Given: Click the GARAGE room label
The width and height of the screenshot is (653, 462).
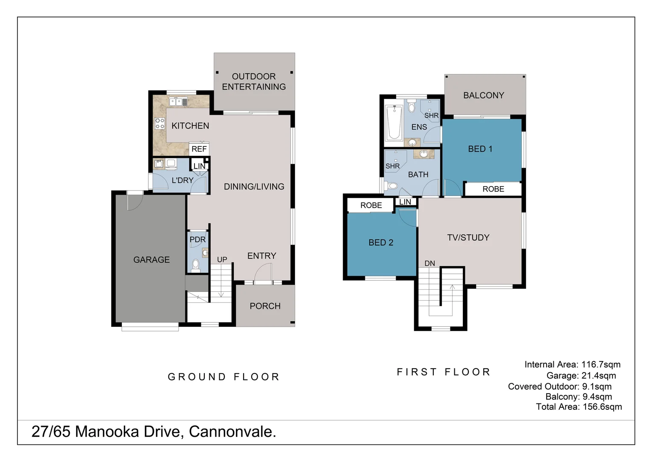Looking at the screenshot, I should [151, 260].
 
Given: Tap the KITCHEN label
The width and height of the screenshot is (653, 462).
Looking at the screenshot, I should [190, 126].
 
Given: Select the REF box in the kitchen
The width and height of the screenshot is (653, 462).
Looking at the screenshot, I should [199, 149].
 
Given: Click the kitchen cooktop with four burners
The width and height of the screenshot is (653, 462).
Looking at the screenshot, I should [160, 124].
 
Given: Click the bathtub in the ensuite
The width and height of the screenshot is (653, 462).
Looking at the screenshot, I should [393, 123].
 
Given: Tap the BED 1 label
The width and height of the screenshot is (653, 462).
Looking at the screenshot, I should [480, 149].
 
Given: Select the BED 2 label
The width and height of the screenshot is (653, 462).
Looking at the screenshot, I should [381, 243].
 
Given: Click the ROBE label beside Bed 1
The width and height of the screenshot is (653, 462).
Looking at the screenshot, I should [493, 189].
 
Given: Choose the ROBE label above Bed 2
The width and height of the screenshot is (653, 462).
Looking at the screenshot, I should [371, 205].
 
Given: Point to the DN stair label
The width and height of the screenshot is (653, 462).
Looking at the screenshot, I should [429, 263].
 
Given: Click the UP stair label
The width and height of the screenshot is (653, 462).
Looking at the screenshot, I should [222, 259].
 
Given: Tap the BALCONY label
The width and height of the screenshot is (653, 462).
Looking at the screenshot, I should [484, 95].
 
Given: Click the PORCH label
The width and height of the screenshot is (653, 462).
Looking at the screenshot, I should [265, 306].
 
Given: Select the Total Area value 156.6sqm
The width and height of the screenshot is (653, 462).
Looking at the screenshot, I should [602, 407].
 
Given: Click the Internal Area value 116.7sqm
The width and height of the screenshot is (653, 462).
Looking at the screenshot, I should [600, 364].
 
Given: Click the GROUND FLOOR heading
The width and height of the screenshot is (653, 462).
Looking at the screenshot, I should [224, 377].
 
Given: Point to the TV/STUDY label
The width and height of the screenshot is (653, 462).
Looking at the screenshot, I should [468, 238].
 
